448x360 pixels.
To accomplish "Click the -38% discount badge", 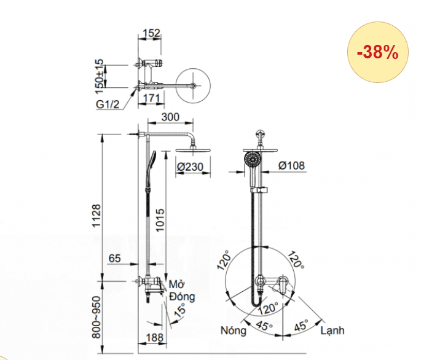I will (379, 53).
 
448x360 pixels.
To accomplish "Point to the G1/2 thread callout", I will (109, 104).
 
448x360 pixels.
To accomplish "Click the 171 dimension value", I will (153, 98).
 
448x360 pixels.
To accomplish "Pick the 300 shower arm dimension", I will (170, 117).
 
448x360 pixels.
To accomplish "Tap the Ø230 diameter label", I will (189, 165).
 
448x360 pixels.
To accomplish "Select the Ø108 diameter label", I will (291, 165).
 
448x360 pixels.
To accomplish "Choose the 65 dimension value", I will (114, 259).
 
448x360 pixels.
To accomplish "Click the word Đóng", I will (182, 297).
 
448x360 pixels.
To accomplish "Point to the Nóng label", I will (234, 331).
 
